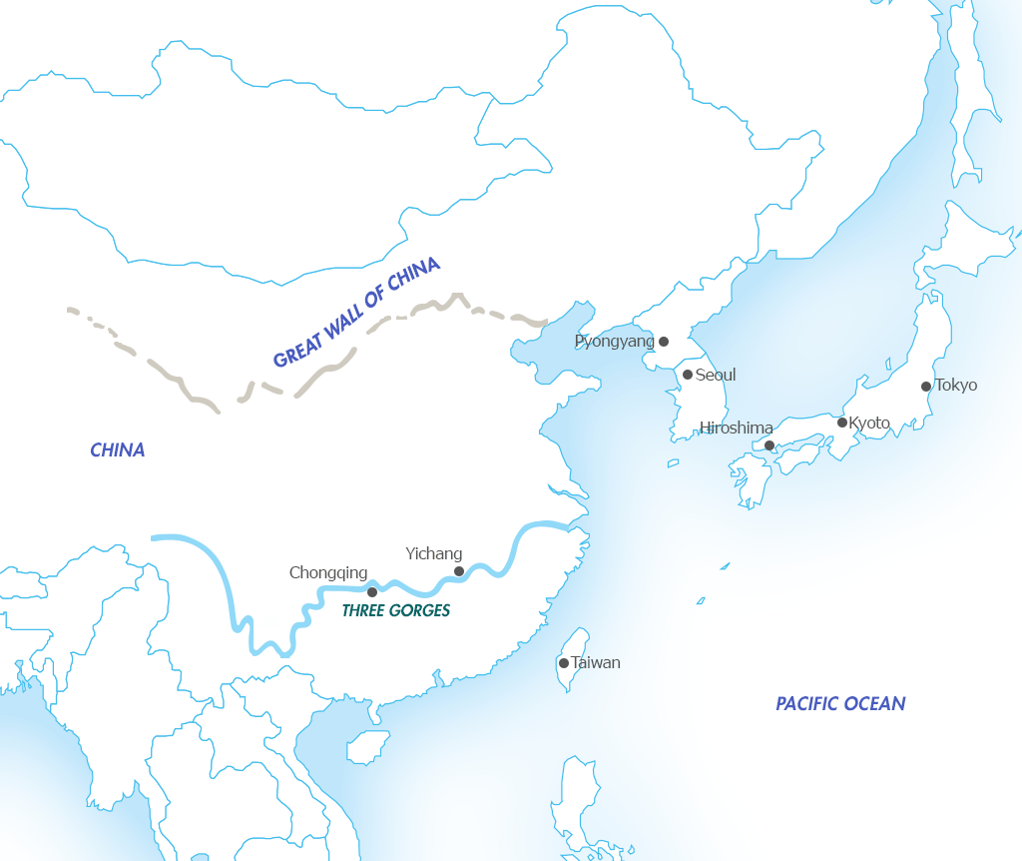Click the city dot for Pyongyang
[664, 342]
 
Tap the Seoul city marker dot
[688, 375]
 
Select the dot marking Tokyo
[926, 387]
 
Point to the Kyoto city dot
[842, 423]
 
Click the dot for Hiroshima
[769, 445]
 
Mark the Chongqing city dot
[372, 592]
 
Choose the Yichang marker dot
[459, 571]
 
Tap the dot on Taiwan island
[564, 663]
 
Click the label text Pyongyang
[614, 342]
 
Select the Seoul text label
[716, 375]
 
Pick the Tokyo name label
[956, 386]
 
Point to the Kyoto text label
[869, 424]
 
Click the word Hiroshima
[736, 429]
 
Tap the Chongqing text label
[328, 573]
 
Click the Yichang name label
[434, 553]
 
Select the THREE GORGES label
[396, 610]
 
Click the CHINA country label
[118, 450]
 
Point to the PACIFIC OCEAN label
[840, 704]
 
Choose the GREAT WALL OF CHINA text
[356, 312]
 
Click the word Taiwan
[596, 663]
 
